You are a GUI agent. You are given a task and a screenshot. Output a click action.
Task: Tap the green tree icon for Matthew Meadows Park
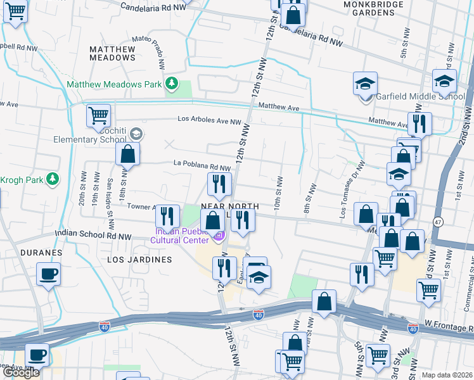tap(170, 84)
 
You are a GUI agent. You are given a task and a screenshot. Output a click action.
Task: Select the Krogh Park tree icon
tap(53, 180)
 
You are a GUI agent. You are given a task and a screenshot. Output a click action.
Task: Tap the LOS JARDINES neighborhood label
tap(139, 260)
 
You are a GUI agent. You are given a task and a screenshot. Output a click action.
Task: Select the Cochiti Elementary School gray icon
tap(138, 134)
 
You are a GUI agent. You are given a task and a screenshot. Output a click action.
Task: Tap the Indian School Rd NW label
tap(93, 234)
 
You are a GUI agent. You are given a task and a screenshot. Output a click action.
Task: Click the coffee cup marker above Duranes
tap(49, 275)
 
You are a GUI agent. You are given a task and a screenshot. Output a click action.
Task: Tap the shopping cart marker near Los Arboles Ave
tap(98, 117)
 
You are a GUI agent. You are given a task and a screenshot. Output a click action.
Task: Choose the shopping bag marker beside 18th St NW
tap(127, 154)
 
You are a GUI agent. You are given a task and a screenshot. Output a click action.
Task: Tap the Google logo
tap(21, 372)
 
